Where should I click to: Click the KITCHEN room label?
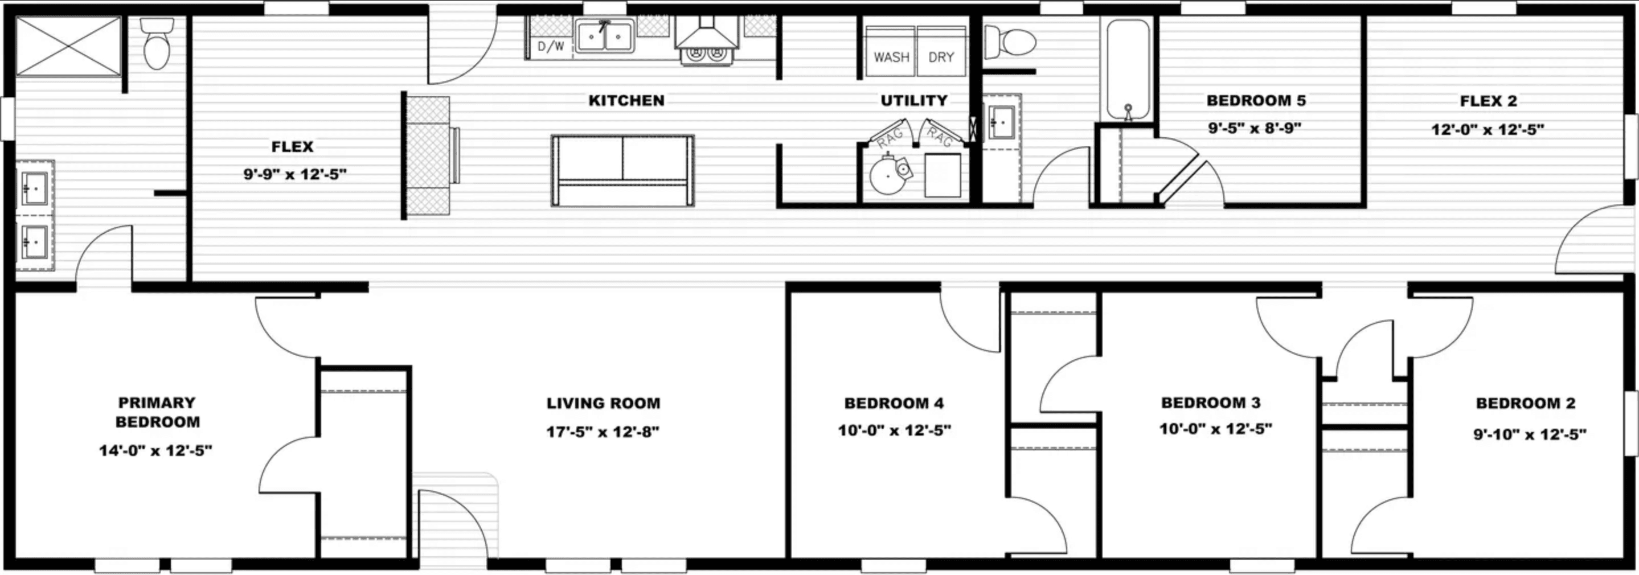pyautogui.click(x=626, y=101)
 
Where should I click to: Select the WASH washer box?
pyautogui.click(x=891, y=52)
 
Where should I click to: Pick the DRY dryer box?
pyautogui.click(x=941, y=52)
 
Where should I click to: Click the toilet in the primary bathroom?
pyautogui.click(x=157, y=44)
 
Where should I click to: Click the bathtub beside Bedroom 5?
pyautogui.click(x=1128, y=69)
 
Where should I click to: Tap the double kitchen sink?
pyautogui.click(x=604, y=36)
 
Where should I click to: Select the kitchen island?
pyautogui.click(x=622, y=170)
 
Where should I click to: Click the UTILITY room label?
pyautogui.click(x=913, y=101)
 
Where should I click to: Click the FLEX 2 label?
pyautogui.click(x=1488, y=101)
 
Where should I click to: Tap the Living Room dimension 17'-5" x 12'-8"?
pyautogui.click(x=603, y=432)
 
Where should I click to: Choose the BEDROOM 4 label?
pyautogui.click(x=894, y=403)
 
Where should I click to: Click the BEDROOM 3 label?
pyautogui.click(x=1211, y=402)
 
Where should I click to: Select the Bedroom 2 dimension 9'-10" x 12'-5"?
pyautogui.click(x=1530, y=434)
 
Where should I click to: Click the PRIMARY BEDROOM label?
pyautogui.click(x=157, y=412)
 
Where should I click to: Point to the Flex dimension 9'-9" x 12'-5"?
pyautogui.click(x=294, y=174)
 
